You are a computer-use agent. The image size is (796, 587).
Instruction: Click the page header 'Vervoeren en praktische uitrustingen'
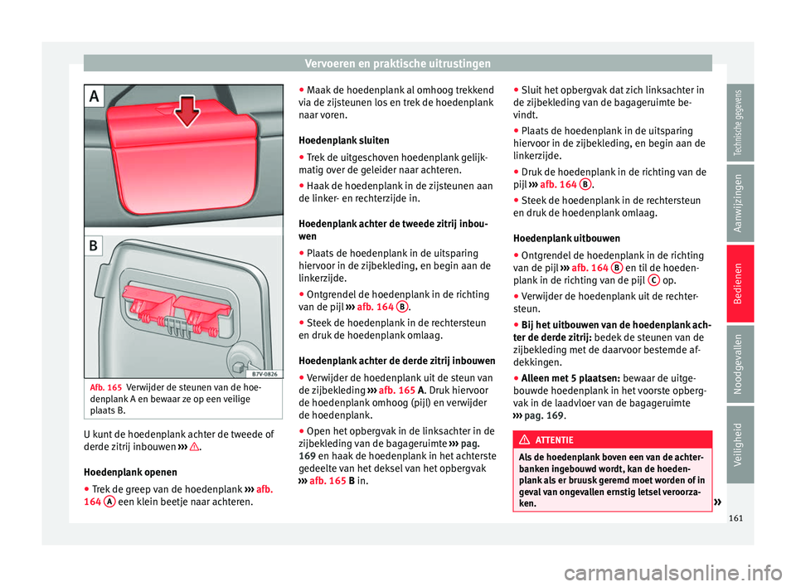click(x=397, y=63)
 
